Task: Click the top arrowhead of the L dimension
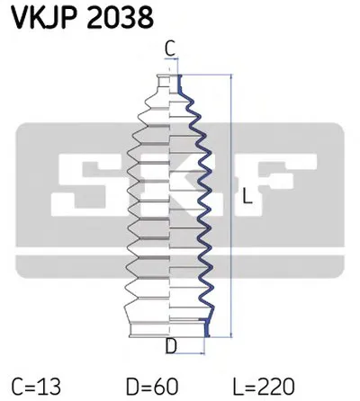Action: point(233,79)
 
